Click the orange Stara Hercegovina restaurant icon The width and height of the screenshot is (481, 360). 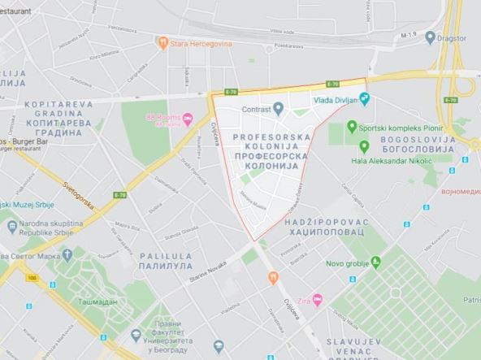[163, 41]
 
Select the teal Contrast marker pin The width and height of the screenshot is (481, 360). [279, 107]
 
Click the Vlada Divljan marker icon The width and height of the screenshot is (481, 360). [364, 100]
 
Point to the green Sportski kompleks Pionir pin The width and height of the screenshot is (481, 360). [352, 127]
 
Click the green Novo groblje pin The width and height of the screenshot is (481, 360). [375, 262]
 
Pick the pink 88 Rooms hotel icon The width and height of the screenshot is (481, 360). [187, 119]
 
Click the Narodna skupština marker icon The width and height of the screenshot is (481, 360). [11, 225]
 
